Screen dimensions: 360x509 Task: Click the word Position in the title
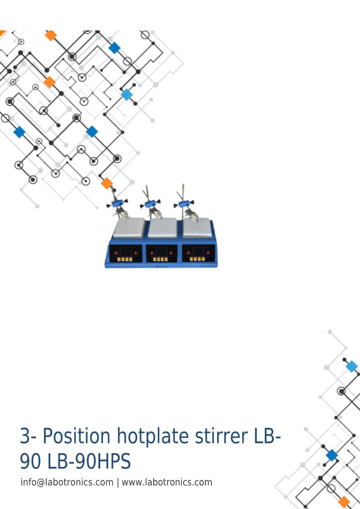[77, 436]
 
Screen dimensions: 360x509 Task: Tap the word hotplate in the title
[153, 437]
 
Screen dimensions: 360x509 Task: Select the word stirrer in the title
[221, 436]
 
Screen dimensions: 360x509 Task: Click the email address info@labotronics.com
[67, 482]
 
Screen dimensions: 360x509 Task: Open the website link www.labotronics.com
[167, 482]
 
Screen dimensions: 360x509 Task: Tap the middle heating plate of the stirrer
[163, 228]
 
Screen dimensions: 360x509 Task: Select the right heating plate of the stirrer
[197, 228]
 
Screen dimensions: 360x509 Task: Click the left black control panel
[126, 253]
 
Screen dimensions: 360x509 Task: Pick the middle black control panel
[162, 253]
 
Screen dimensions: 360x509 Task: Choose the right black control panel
[198, 253]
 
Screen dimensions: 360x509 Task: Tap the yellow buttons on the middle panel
[161, 259]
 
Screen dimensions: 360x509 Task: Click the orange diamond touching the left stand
[107, 184]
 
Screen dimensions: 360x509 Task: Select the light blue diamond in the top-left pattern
[126, 95]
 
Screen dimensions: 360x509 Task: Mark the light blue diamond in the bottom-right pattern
[351, 367]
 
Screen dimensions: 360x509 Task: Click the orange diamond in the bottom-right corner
[344, 502]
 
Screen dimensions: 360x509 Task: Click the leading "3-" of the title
[29, 436]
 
